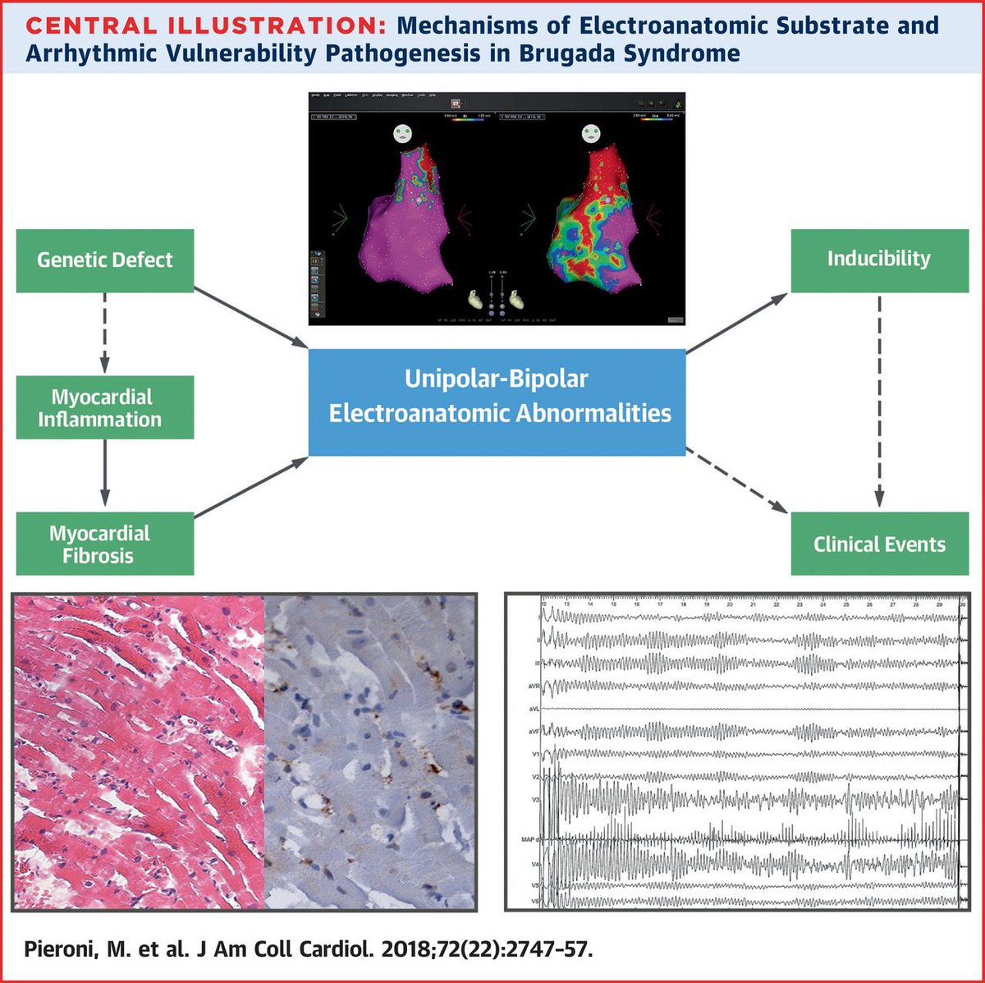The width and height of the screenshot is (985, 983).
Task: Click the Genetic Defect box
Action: [x=105, y=260]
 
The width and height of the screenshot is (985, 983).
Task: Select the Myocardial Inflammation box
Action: [x=105, y=407]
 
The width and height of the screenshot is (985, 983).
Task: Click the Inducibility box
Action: [x=879, y=260]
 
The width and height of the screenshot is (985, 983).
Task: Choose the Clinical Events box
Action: [x=879, y=544]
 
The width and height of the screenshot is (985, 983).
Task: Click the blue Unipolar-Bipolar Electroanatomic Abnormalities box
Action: [x=497, y=402]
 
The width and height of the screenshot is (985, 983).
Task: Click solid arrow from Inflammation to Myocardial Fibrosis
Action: [x=105, y=475]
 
